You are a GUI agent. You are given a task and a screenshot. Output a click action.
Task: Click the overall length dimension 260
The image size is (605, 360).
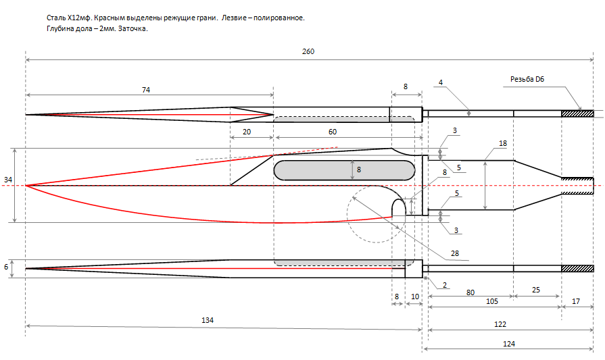coord(309,51)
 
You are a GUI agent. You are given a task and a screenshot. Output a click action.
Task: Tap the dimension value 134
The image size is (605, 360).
coord(208,320)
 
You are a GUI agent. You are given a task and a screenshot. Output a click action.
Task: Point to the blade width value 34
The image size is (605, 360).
coord(7,180)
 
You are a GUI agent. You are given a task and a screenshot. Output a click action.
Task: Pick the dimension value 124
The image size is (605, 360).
coord(509,344)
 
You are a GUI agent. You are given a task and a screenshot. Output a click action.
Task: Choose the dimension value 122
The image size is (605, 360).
coord(500,324)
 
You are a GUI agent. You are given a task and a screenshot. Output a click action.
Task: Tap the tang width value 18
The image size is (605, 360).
coord(502,144)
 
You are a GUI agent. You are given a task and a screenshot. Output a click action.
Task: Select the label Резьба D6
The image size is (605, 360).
coord(527,80)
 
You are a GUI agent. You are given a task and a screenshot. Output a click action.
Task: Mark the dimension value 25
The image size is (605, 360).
coord(536,290)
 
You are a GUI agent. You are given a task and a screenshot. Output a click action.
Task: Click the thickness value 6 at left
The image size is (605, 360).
coord(7,267)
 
